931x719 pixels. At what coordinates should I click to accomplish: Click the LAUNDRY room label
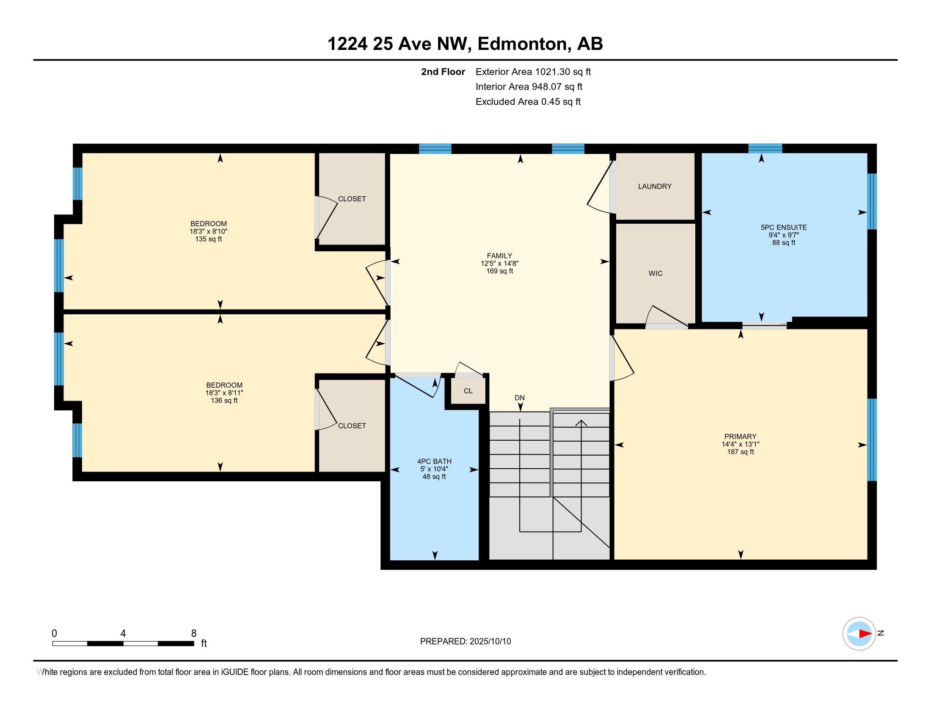point(655,186)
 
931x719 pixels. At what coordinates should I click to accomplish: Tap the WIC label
point(656,274)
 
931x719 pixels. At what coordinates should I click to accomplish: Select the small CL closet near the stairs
point(468,391)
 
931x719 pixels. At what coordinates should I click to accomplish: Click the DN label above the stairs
point(519,398)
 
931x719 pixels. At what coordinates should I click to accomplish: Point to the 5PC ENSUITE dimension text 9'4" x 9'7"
point(783,235)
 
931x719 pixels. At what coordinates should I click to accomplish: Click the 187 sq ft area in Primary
point(741,452)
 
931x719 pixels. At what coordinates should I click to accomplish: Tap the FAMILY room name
point(500,256)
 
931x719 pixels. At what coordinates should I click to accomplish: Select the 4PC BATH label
point(434,461)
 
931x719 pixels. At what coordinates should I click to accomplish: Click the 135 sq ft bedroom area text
point(209,239)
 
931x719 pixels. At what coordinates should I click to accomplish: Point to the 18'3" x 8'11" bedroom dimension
point(224,393)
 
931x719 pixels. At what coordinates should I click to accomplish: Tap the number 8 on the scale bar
point(193,633)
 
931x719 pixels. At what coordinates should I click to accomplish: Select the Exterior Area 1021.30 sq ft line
point(533,72)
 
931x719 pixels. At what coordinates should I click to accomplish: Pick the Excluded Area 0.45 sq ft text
point(528,102)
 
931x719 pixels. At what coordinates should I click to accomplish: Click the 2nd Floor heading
point(443,72)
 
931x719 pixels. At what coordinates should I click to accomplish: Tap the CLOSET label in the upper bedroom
point(352,199)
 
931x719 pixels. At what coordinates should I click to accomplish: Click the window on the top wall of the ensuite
point(765,148)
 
